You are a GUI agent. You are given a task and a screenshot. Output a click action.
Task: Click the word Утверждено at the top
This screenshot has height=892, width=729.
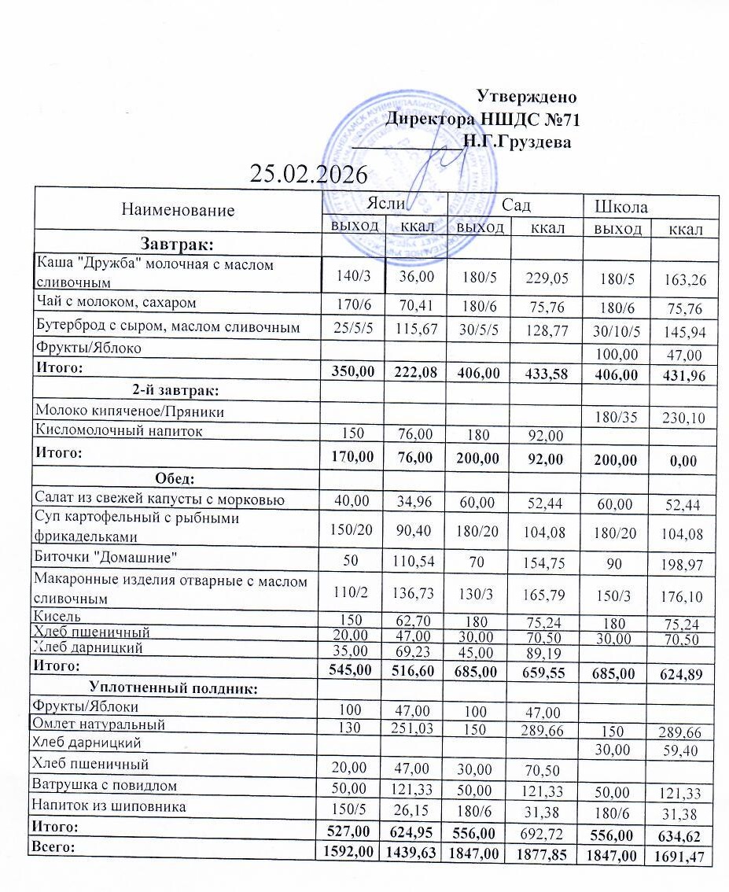point(527,98)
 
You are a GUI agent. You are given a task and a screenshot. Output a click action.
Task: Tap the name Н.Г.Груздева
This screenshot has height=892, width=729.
point(516,142)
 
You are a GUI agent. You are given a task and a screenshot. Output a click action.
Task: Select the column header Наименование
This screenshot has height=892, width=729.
point(178,209)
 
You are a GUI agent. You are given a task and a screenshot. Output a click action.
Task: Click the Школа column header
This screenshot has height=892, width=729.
point(621,207)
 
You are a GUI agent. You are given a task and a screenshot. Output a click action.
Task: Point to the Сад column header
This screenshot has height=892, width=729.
point(516,205)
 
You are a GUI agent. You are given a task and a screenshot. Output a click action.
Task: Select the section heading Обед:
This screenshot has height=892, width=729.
point(175,478)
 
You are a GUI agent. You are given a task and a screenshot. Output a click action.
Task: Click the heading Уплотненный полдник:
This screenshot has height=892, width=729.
point(175,687)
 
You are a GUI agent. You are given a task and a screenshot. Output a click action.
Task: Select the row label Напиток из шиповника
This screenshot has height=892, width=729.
point(111,805)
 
